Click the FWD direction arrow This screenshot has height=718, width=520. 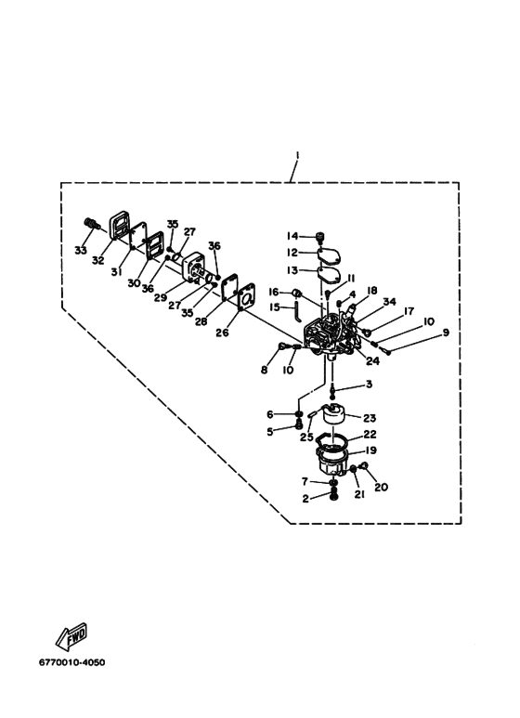(71, 636)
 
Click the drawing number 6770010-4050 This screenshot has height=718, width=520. (71, 662)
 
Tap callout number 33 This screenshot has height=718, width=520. (81, 251)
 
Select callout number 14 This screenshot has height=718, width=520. (292, 236)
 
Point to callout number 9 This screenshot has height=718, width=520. (445, 333)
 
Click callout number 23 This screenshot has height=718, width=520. (370, 418)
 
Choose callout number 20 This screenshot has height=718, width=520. (381, 488)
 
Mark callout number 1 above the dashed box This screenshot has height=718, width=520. (297, 156)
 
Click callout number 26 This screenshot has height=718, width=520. (222, 333)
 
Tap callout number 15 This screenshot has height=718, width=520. (274, 307)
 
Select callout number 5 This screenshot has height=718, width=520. (270, 431)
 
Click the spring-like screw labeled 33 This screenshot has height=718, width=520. (93, 225)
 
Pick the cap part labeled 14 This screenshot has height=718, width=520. (320, 236)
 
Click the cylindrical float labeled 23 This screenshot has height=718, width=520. (332, 415)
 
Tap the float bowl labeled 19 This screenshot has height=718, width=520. (332, 462)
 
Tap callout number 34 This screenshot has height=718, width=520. (390, 301)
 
